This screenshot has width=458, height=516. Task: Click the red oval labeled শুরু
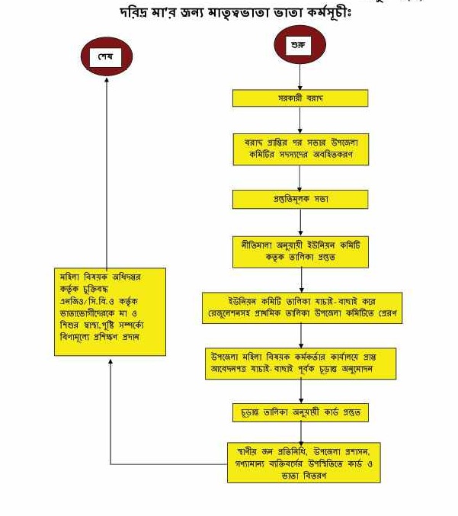point(300,47)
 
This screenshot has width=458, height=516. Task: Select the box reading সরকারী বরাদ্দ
point(300,99)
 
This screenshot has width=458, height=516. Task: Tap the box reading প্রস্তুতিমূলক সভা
point(300,199)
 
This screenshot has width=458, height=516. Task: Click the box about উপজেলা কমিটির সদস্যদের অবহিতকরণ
point(300,149)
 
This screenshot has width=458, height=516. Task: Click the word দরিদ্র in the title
point(137,13)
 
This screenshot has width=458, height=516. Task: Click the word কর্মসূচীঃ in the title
point(341,13)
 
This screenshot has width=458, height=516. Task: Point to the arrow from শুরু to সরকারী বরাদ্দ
point(300,78)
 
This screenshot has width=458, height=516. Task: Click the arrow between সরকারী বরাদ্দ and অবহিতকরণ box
point(300,120)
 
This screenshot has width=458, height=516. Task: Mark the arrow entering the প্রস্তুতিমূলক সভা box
point(300,177)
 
